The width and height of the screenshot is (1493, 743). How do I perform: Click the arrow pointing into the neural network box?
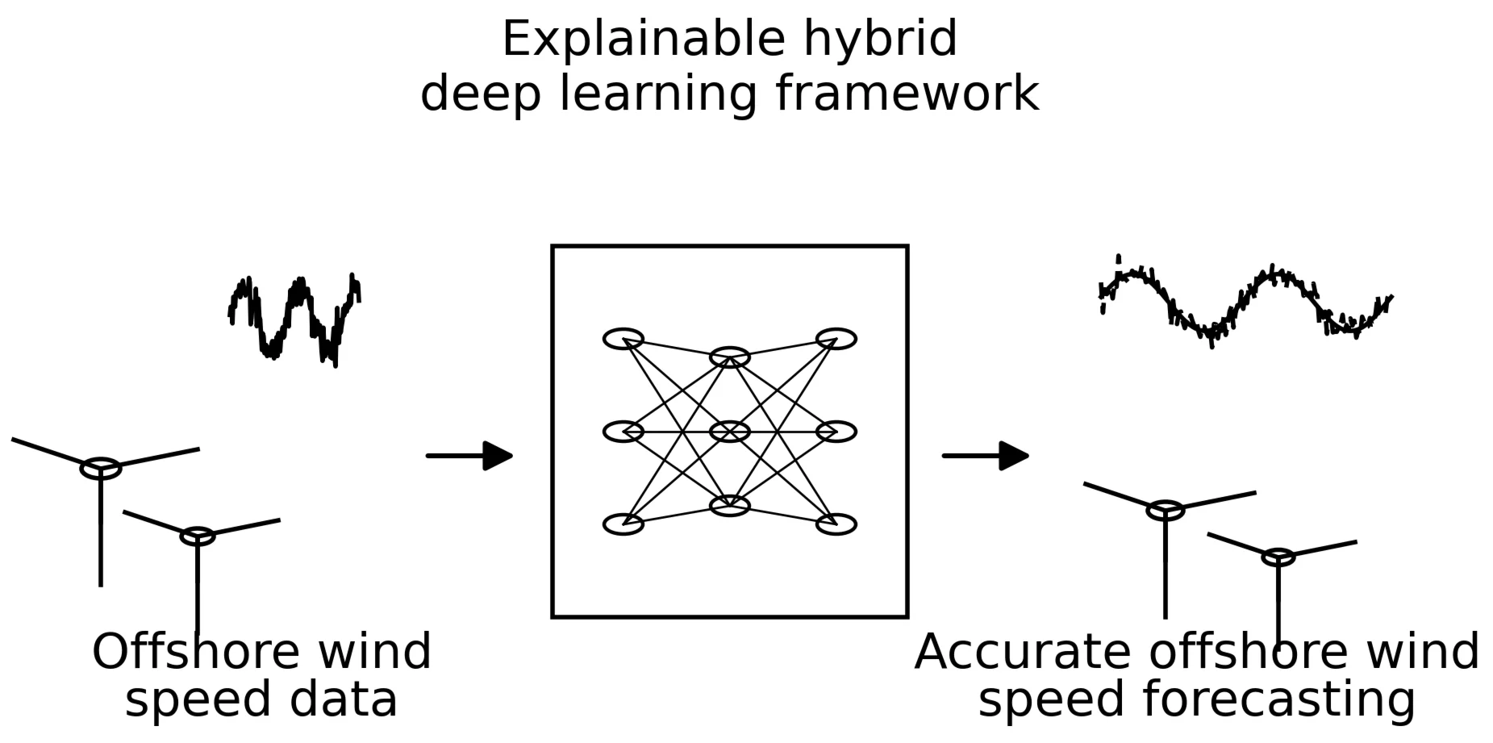(x=469, y=456)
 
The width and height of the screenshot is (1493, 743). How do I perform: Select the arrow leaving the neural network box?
(x=985, y=456)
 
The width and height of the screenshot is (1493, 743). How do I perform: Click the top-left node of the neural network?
(x=623, y=339)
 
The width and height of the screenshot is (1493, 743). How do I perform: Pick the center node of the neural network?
(x=730, y=432)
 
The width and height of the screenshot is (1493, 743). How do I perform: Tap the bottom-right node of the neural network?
(x=836, y=524)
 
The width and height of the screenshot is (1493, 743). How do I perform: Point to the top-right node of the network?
(x=836, y=339)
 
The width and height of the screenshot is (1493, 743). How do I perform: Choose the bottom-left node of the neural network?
(x=623, y=524)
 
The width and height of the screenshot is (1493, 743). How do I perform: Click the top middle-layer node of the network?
(x=730, y=357)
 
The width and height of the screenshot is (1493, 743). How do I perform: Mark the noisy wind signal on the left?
(x=294, y=319)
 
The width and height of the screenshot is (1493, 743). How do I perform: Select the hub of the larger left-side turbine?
(x=101, y=468)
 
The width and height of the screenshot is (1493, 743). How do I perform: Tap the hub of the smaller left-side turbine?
(x=198, y=536)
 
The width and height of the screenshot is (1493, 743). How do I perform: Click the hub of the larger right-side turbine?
(x=1166, y=510)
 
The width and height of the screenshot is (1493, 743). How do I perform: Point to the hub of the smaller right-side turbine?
(x=1278, y=557)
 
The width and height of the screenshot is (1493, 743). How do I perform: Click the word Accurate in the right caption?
(x=1022, y=652)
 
